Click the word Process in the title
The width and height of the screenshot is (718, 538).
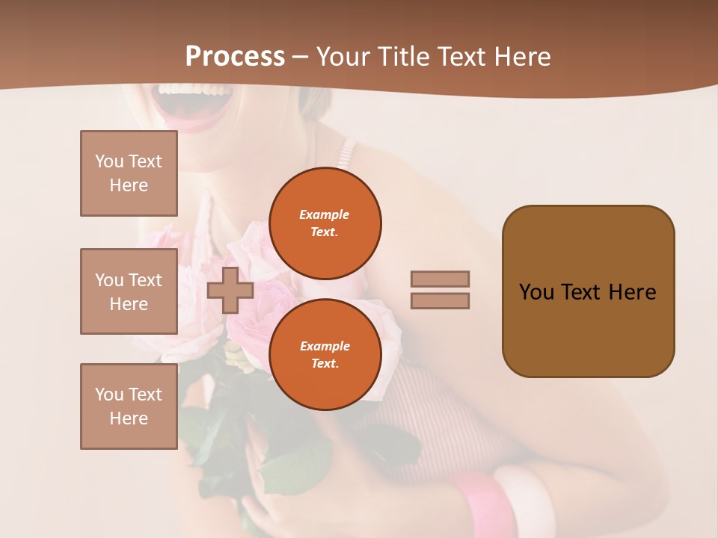235,57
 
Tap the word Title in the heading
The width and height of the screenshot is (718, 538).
401,57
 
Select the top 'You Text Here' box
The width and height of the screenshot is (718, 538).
129,173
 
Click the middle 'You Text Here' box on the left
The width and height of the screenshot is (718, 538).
129,291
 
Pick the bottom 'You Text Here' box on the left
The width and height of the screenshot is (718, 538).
129,406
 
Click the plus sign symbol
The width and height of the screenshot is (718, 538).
230,290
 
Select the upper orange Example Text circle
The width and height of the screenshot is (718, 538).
325,223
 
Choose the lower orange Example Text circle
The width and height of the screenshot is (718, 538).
325,354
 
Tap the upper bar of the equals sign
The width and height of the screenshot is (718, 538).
440,279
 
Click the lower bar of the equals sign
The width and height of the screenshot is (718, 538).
440,300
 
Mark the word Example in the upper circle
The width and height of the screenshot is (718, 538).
325,214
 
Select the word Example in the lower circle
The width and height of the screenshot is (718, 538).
325,346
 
